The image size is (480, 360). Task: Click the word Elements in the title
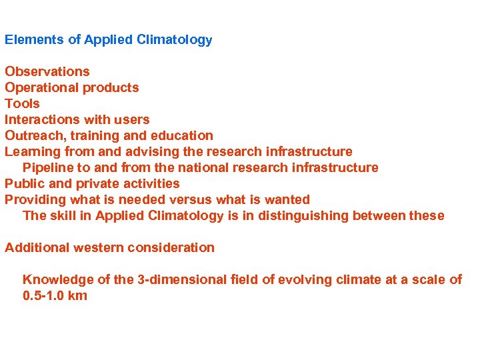coord(31,40)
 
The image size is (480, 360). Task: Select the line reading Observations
coord(47,72)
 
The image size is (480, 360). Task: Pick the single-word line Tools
coord(22,104)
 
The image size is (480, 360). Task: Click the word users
coord(132,120)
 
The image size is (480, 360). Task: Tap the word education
coord(183,136)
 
